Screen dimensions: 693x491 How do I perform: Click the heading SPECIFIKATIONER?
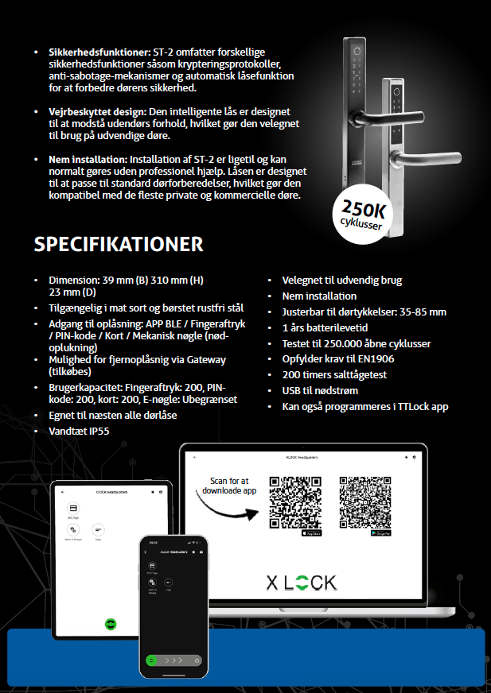119,244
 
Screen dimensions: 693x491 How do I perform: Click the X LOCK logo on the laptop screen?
302,583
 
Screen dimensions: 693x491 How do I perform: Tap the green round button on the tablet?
111,623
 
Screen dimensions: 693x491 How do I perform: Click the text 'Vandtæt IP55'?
80,432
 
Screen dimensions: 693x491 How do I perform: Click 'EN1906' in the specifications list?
376,358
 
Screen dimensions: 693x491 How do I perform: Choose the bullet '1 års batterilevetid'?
325,327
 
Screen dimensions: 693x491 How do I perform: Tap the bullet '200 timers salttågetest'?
335,374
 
